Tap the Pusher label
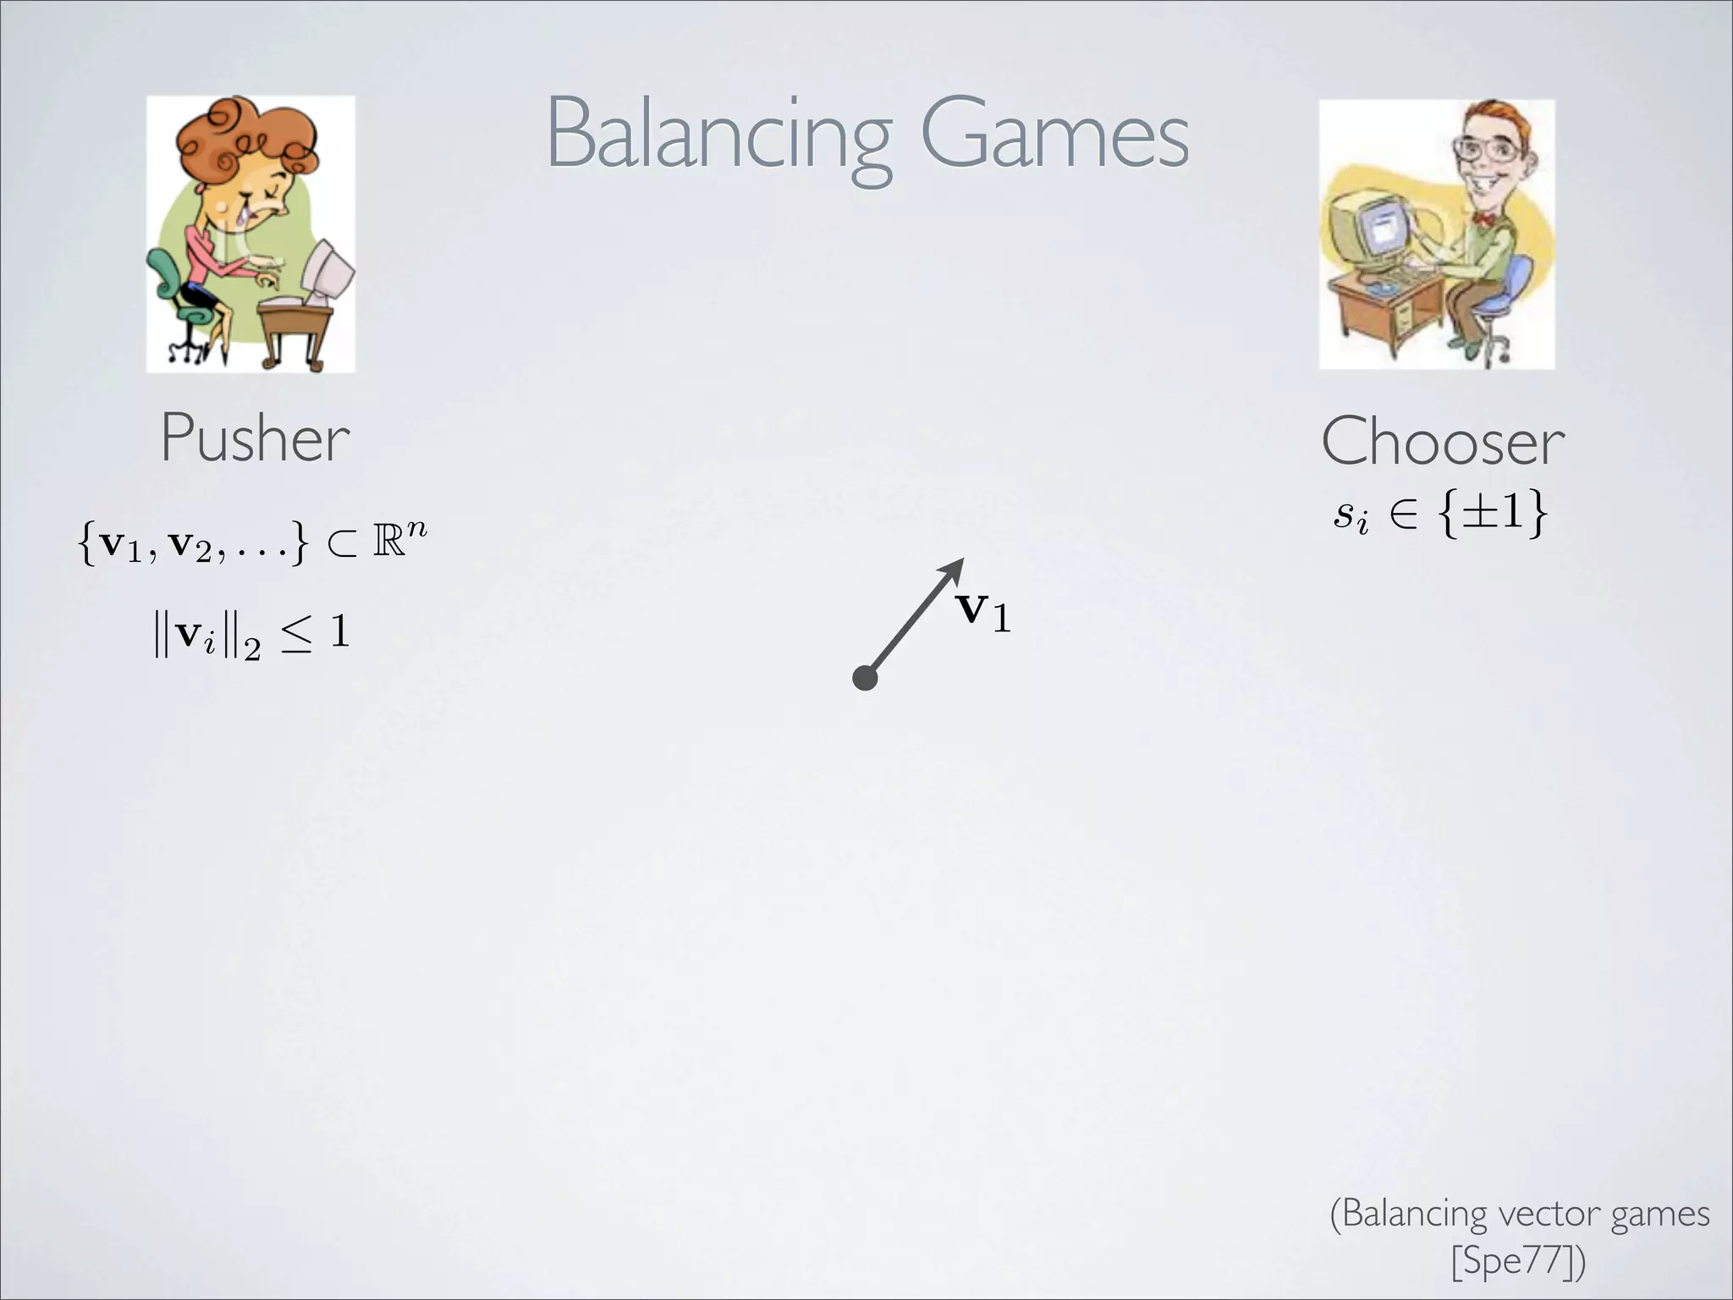pos(255,438)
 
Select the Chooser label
pos(1443,442)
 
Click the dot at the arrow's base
pos(865,678)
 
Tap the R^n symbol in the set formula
pos(399,542)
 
